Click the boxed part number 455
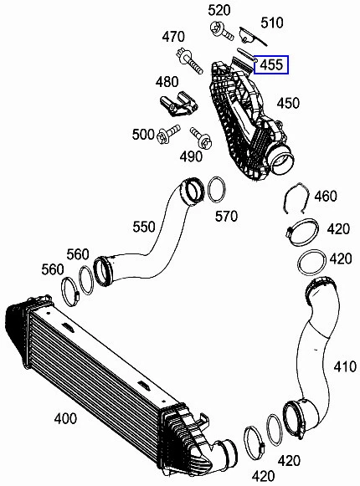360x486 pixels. (272, 64)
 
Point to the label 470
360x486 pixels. (172, 37)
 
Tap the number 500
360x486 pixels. (143, 134)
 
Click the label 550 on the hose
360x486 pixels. (143, 226)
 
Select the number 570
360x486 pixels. (226, 217)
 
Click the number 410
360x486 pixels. (344, 366)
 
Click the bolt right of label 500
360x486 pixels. (172, 130)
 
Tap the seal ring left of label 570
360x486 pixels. (215, 190)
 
